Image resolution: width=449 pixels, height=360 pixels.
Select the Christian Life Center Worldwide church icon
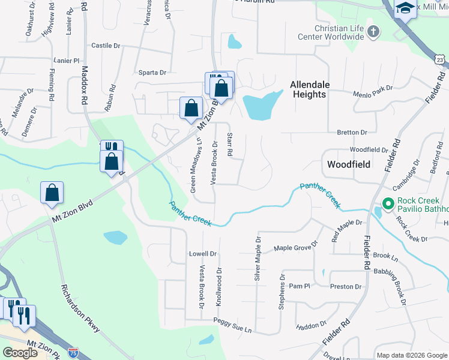pyautogui.click(x=373, y=31)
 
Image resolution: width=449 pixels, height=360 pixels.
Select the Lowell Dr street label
pyautogui.click(x=202, y=253)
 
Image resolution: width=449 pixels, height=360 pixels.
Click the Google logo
pyautogui.click(x=20, y=353)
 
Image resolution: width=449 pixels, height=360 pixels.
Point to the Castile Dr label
pyautogui.click(x=106, y=45)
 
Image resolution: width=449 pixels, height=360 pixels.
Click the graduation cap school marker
pyautogui.click(x=405, y=9)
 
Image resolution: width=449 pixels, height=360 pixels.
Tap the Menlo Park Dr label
pyautogui.click(x=373, y=88)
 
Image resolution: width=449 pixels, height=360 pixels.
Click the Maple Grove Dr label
pyautogui.click(x=295, y=248)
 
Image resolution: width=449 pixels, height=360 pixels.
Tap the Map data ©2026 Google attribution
pyautogui.click(x=411, y=355)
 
